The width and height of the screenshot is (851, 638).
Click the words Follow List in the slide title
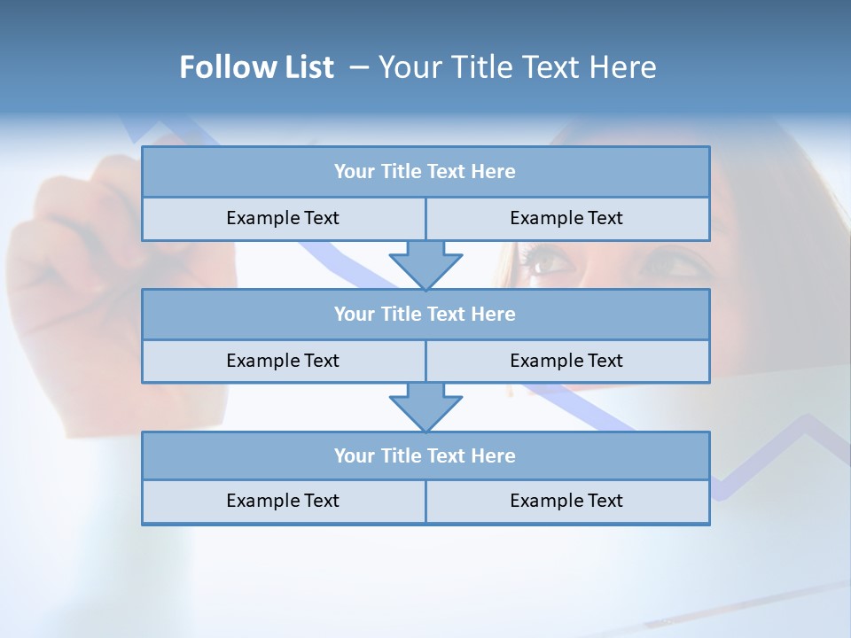(256, 67)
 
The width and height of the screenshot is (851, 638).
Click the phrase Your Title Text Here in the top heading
(517, 67)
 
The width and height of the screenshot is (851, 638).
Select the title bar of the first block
(425, 172)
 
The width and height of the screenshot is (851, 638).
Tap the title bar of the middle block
(425, 314)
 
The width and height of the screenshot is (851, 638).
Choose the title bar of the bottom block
(425, 455)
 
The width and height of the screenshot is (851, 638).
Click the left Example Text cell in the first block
(283, 218)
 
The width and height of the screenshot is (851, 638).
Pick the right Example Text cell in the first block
(566, 218)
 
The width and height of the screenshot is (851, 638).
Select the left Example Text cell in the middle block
(283, 361)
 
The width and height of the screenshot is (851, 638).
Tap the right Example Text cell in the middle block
(566, 361)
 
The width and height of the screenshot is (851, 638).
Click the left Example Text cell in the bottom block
(283, 501)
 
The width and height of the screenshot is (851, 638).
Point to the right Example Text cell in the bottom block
(566, 501)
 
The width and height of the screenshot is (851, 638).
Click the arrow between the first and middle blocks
(425, 264)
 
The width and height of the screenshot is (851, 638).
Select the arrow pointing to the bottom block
(425, 407)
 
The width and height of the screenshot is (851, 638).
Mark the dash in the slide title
(358, 67)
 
